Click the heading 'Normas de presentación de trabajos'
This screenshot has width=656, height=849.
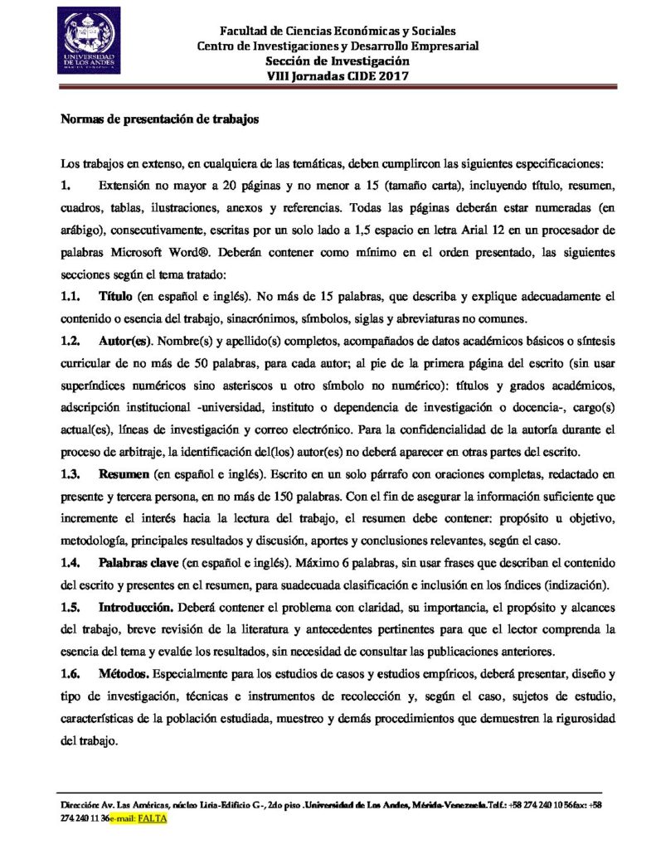[x=161, y=119]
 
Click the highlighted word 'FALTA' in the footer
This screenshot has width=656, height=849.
[x=153, y=817]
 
